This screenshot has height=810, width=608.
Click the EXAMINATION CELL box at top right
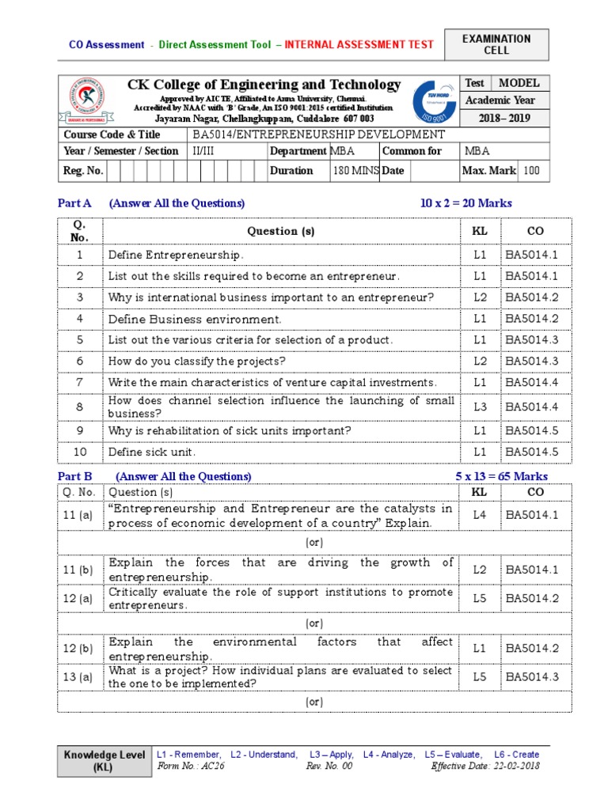[x=496, y=45]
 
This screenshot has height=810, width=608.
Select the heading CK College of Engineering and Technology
[x=264, y=85]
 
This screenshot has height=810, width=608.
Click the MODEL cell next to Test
[x=519, y=83]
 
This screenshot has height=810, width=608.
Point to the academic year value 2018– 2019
[x=504, y=119]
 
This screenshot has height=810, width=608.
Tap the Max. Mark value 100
[x=532, y=170]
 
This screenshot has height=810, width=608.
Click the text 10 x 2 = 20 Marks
[x=465, y=203]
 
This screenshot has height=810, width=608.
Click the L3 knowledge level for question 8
[x=480, y=407]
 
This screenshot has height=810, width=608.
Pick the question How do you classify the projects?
[x=196, y=361]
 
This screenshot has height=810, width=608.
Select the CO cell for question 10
[x=531, y=452]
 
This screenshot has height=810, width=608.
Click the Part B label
[x=75, y=476]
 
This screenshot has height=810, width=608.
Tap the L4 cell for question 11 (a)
[x=480, y=515]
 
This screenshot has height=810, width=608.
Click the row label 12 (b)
[x=79, y=649]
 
